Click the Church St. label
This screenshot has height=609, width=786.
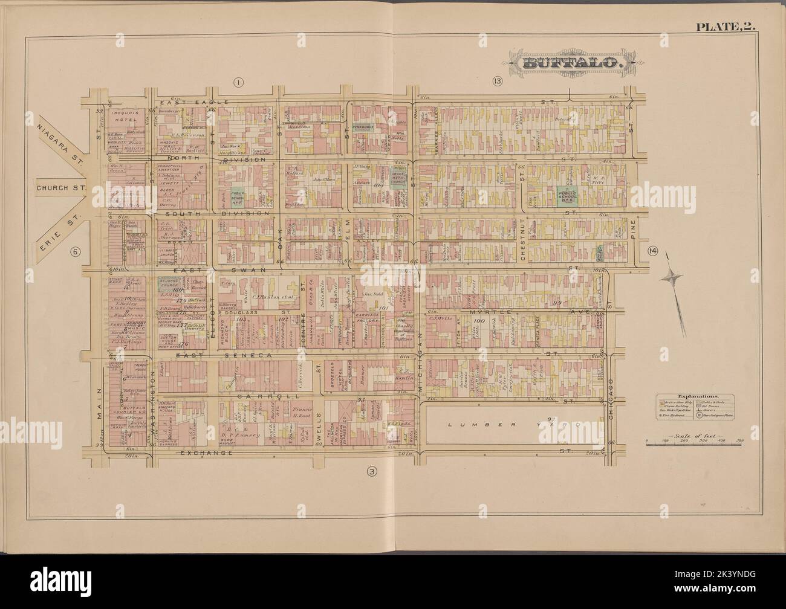(61, 187)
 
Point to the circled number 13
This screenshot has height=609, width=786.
(497, 82)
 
